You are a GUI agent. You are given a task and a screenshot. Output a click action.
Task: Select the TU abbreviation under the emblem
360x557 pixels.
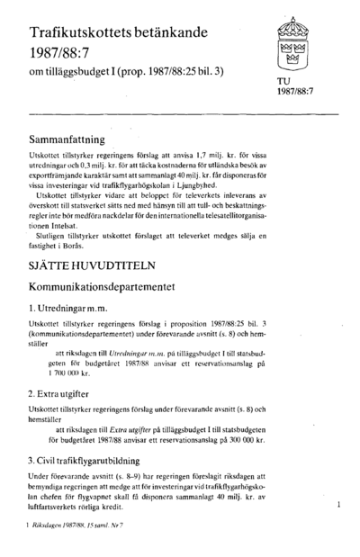(x=283, y=81)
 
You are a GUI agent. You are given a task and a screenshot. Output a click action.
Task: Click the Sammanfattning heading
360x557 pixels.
(x=79, y=140)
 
